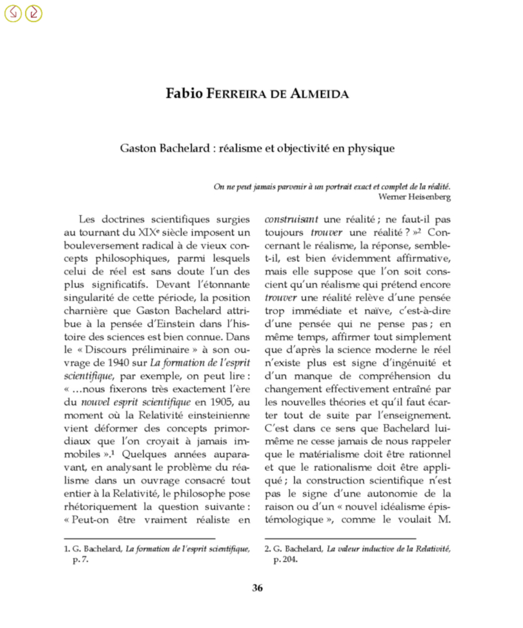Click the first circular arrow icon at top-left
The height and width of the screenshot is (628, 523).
tap(13, 13)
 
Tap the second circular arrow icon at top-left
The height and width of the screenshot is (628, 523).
tap(33, 13)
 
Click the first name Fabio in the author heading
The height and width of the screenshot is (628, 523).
tap(184, 93)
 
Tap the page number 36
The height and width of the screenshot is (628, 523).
tap(257, 589)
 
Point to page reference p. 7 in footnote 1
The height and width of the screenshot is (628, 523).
tap(81, 560)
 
